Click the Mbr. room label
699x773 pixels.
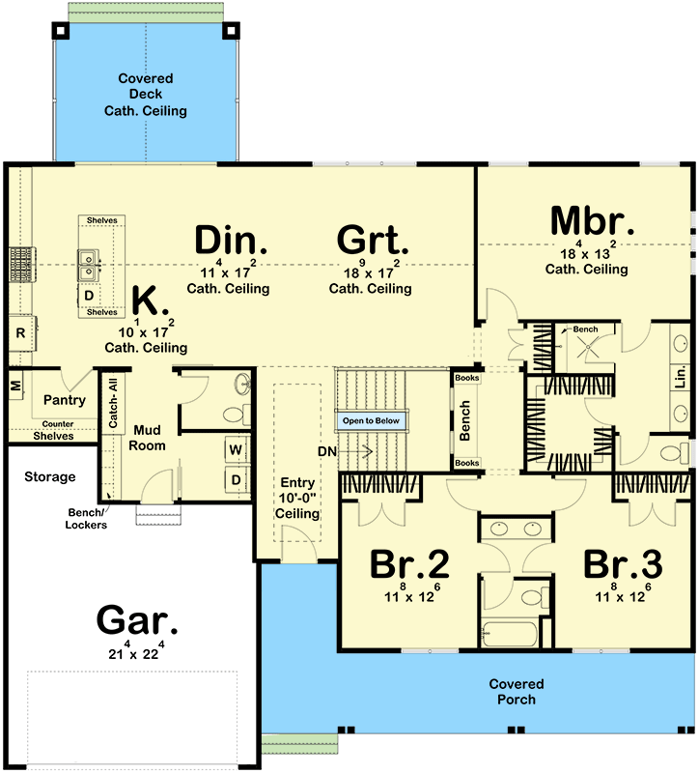[x=592, y=221]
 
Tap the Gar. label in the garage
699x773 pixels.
[x=137, y=619]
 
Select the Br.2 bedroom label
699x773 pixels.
[x=409, y=564]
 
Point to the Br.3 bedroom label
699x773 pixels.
[x=623, y=564]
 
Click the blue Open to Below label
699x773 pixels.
[x=371, y=421]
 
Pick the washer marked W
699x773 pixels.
[x=236, y=449]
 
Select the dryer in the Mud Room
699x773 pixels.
[x=237, y=479]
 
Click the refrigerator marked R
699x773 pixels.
[x=21, y=332]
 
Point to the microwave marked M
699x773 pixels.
[x=15, y=385]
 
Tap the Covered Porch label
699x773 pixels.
[x=517, y=691]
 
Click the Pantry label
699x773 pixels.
[x=65, y=400]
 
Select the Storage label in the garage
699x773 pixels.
[x=50, y=476]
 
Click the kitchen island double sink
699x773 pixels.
[x=87, y=265]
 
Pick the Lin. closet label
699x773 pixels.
[x=681, y=377]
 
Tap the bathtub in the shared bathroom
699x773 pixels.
[x=509, y=634]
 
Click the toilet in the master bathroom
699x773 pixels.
[x=674, y=452]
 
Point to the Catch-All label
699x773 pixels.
[x=113, y=403]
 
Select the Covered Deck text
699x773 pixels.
[x=146, y=86]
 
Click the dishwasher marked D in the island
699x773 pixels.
[x=89, y=296]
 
